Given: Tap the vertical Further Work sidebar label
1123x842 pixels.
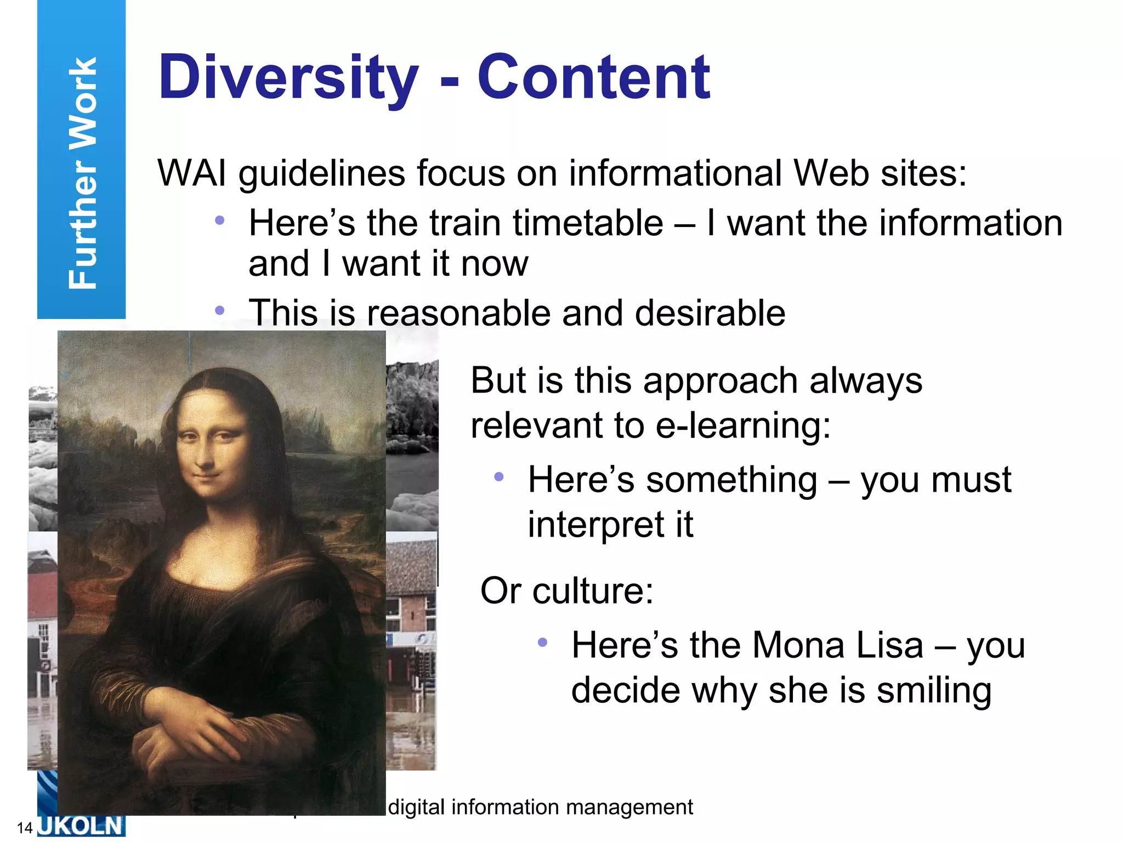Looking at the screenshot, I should coord(82,173).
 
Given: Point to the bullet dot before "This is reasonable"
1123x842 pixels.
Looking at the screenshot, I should coord(220,311).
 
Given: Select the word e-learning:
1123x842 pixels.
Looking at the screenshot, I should coord(744,425).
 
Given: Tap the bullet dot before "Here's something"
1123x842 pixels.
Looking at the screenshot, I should coord(498,477).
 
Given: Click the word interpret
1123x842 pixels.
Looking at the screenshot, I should coord(595,525).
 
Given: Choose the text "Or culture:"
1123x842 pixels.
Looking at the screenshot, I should coord(567,591).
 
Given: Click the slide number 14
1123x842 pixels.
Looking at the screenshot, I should coord(25,828).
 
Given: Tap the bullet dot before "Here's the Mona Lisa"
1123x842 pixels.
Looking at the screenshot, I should coord(542,642).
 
